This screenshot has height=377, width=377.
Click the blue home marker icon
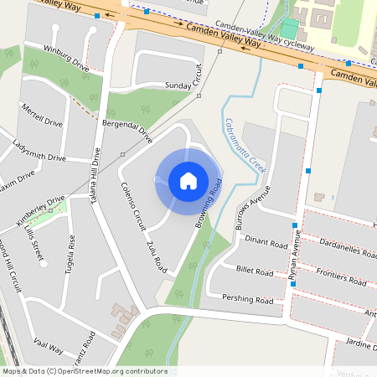click(x=188, y=180)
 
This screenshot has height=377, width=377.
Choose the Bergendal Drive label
click(x=127, y=131)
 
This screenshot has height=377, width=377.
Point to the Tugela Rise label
click(x=72, y=250)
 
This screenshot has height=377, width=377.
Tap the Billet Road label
click(x=256, y=271)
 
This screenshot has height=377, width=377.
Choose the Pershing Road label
click(x=248, y=299)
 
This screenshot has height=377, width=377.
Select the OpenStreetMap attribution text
click(x=85, y=371)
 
